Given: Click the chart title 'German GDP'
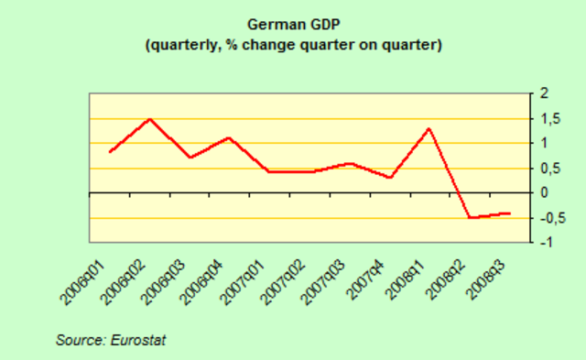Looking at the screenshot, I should tap(292, 25).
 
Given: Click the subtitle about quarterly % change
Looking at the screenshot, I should tap(292, 44).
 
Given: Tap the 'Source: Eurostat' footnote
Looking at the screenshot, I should tap(111, 340).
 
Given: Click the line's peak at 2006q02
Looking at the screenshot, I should tap(150, 119).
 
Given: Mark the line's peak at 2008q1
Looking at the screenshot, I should tap(429, 128).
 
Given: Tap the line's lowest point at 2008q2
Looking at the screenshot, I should tap(470, 217).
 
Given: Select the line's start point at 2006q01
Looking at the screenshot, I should tap(110, 151).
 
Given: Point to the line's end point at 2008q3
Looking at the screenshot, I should tap(510, 213).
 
